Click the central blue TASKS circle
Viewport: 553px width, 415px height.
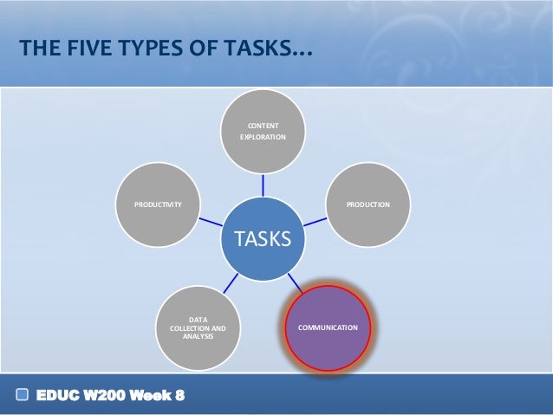tap(263, 237)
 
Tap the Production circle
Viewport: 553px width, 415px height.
tap(368, 204)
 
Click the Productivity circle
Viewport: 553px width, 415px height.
tap(157, 204)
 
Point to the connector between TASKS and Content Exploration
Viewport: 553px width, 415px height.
tap(263, 184)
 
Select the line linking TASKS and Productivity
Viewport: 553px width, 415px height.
tap(210, 221)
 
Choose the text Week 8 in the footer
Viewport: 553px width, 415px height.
tap(159, 397)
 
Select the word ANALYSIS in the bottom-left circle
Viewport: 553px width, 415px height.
tap(198, 336)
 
